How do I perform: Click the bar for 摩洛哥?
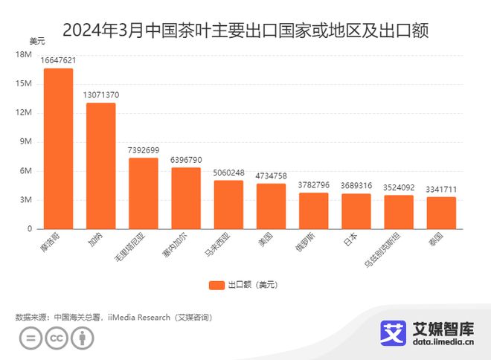(x=58, y=149)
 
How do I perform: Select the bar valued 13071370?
(x=100, y=166)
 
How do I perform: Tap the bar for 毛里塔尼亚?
(x=144, y=193)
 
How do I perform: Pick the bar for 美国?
(x=271, y=206)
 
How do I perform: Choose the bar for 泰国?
(x=441, y=213)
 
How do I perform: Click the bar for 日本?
(x=356, y=211)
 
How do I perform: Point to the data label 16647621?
(x=58, y=60)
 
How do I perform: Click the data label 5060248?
(x=228, y=173)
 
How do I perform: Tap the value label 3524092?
(x=399, y=187)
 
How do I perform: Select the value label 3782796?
(x=313, y=185)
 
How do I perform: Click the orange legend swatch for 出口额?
(x=216, y=285)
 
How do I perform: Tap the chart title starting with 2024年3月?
(x=245, y=31)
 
